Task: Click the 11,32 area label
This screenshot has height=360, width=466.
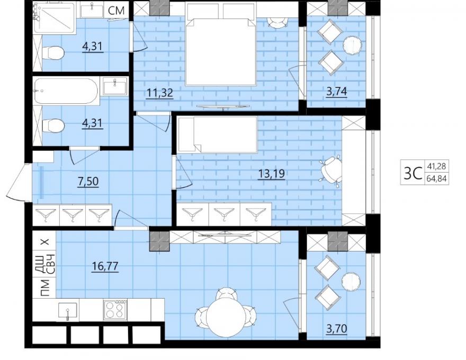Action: pyautogui.click(x=160, y=93)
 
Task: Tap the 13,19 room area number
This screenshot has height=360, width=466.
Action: pyautogui.click(x=272, y=173)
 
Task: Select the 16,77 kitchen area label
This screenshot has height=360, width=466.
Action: pyautogui.click(x=105, y=266)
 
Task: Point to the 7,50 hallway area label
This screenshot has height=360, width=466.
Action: pyautogui.click(x=88, y=181)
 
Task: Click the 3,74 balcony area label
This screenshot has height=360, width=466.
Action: pyautogui.click(x=337, y=92)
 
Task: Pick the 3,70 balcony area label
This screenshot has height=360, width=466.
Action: pyautogui.click(x=337, y=329)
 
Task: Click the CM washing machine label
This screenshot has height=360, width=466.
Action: pyautogui.click(x=116, y=11)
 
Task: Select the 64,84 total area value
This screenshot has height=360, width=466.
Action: pyautogui.click(x=436, y=179)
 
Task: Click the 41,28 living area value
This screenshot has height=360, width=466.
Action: pyautogui.click(x=436, y=166)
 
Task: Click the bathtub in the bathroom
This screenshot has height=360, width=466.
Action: pyautogui.click(x=66, y=91)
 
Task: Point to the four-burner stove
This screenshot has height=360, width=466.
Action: pyautogui.click(x=115, y=310)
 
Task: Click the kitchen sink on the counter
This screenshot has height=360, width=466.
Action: pyautogui.click(x=68, y=310)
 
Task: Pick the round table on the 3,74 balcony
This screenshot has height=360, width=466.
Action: pyautogui.click(x=353, y=46)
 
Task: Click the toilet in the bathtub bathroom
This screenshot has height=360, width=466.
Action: pyautogui.click(x=53, y=125)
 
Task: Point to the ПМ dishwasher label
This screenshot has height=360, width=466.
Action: pyautogui.click(x=45, y=288)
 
